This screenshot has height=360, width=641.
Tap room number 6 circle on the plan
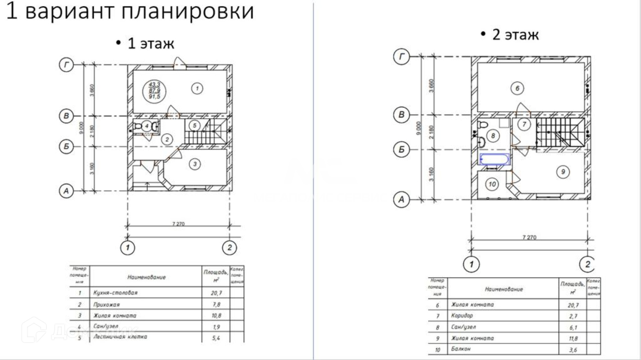517,88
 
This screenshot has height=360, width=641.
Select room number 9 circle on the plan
563,172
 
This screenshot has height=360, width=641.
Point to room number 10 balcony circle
492,184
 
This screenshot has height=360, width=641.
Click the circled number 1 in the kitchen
197,88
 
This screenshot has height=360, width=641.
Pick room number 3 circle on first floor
195,164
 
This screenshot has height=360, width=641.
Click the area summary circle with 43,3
154,91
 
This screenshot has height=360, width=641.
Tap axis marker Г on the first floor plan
66,65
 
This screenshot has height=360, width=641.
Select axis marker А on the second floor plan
401,200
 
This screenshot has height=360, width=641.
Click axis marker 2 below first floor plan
229,248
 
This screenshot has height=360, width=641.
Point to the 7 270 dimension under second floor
529,237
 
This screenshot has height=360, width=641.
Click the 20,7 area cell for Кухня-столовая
216,293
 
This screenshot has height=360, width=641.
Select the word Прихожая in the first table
106,305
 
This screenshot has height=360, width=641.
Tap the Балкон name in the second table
461,349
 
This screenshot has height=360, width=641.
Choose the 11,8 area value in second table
573,338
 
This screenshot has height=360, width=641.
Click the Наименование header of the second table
503,289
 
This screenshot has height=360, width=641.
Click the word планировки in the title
187,11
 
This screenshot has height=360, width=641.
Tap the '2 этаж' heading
515,35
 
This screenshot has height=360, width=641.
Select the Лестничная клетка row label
120,337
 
